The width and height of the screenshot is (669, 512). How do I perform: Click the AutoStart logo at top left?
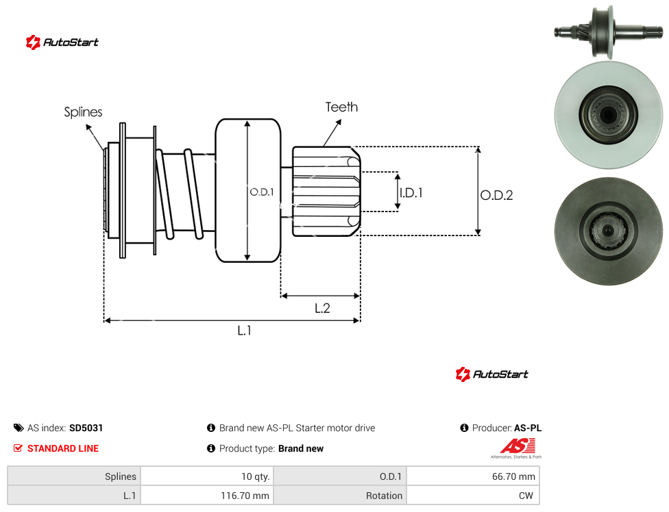point(62,42)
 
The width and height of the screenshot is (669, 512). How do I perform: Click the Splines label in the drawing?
point(83,112)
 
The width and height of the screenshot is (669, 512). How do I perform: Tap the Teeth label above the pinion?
point(341,107)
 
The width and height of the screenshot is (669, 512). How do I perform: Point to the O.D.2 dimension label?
point(496,195)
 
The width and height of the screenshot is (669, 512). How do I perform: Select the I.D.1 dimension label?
point(411,193)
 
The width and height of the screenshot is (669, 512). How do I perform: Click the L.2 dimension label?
point(322,308)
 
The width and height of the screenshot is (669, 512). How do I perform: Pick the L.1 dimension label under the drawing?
point(245,330)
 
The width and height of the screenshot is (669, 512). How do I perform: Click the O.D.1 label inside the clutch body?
point(262,192)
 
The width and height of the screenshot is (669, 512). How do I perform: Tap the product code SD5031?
point(86,428)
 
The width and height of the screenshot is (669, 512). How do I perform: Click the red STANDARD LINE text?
point(63,448)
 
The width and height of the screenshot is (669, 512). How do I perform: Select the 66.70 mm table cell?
point(473,476)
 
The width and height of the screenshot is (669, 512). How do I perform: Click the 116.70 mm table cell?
point(207,496)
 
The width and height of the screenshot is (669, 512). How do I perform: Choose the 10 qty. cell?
point(207,476)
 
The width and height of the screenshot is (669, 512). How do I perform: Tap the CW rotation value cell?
point(473,496)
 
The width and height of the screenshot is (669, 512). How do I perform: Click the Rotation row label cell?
point(340,496)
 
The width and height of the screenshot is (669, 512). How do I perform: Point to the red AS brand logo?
point(517,448)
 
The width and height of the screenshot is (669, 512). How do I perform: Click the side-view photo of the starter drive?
point(609,31)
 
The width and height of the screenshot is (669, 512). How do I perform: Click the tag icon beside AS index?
point(19,428)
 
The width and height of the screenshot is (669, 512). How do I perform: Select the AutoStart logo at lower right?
point(492,374)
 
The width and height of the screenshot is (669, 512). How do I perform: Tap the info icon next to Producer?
point(464,428)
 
